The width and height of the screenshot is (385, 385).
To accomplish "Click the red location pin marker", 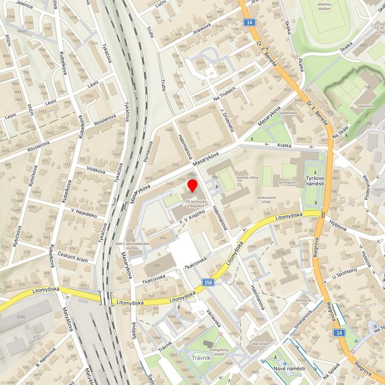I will coord(192,186).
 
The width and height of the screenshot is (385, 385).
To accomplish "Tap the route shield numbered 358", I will coord(209,283).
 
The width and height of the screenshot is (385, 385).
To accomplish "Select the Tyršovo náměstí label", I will coord(315,180).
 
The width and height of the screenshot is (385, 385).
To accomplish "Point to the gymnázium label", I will coord(287,182).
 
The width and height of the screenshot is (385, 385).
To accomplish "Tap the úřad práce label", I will coord(261,343).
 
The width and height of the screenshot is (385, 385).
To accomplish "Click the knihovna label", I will coord(304,300).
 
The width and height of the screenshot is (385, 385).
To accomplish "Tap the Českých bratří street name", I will coord(73,259).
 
